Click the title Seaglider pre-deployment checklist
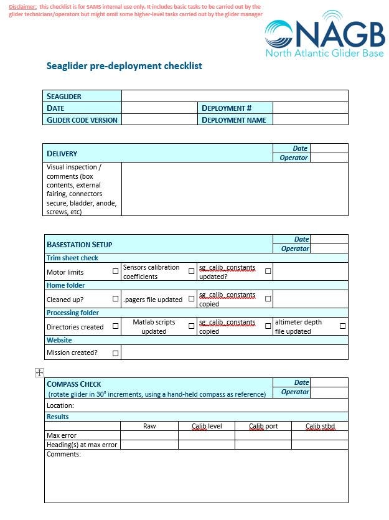pos(124,66)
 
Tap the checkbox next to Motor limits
pos(116,272)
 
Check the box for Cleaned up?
pos(116,299)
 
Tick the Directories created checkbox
pos(116,326)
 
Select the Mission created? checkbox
pos(116,353)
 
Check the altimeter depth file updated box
pos(343,326)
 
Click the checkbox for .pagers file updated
pos(192,299)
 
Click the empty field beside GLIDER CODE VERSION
pos(159,120)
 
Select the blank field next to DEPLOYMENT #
pos(310,108)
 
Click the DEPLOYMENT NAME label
pos(234,120)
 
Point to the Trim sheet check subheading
pos(72,258)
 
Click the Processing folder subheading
pos(73,313)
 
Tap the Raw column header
pos(149,426)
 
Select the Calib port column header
pos(263,426)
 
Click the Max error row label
pos(62,435)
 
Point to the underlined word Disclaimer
pos(23,6)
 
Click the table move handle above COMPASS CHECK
pos(39,372)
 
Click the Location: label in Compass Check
pos(60,405)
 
